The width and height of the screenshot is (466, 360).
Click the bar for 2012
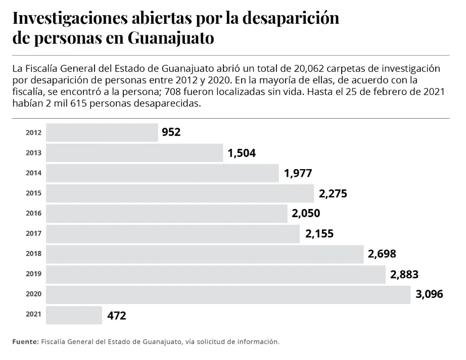[x=102, y=132]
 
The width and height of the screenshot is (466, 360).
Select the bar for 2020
[x=228, y=294]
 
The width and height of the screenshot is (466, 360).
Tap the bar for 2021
[x=74, y=315]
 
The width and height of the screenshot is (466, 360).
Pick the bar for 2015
[x=180, y=193]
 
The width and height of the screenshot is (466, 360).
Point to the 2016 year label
[x=33, y=213]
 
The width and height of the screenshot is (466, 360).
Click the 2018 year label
[x=33, y=253]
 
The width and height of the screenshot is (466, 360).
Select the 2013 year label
[x=33, y=152]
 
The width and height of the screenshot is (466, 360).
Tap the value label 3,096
[x=429, y=294]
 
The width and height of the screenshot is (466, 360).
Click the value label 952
[x=171, y=132]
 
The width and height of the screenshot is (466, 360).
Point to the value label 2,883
[x=404, y=274]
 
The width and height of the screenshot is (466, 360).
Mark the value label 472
[x=117, y=316]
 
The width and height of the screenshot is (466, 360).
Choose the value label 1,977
[x=298, y=173]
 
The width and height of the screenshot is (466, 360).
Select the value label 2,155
[x=319, y=234]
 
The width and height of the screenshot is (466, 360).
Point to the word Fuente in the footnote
[x=25, y=342]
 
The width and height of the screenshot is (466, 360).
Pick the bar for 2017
[x=173, y=233]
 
